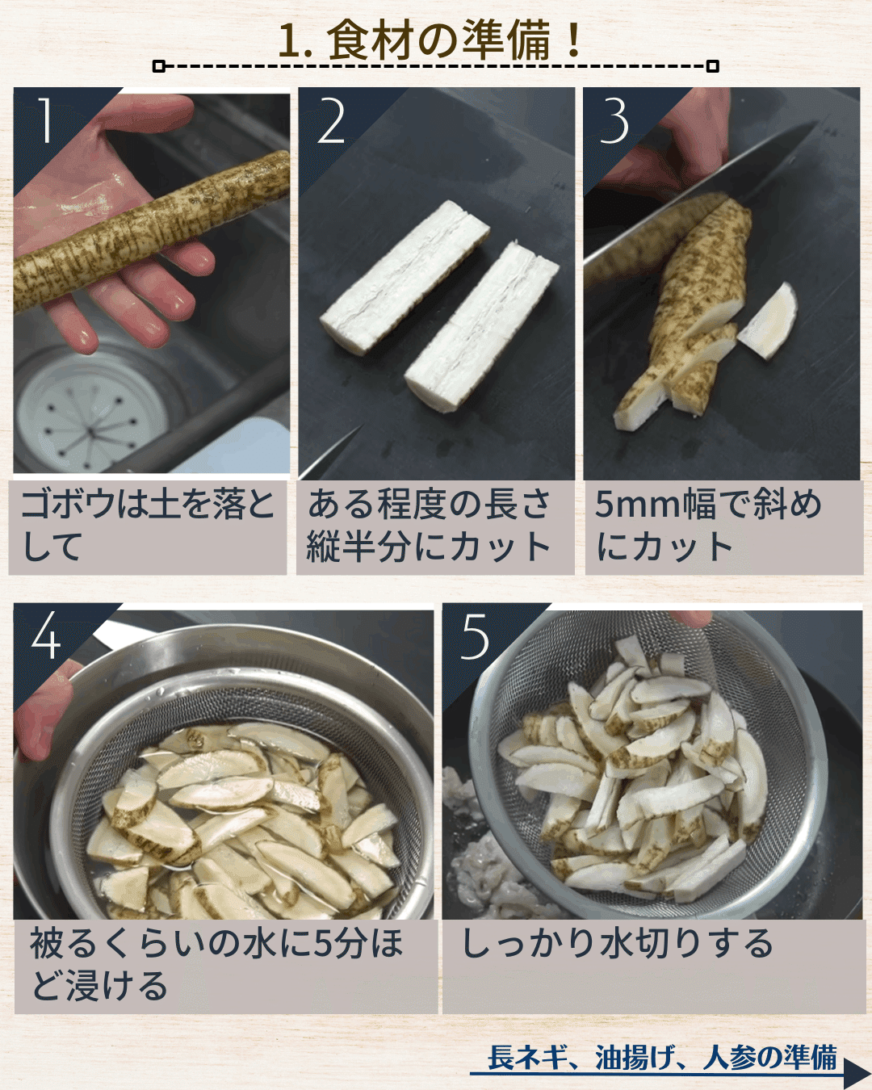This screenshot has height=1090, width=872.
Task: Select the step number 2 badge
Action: pyautogui.click(x=331, y=121)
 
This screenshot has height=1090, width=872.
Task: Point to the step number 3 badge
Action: pyautogui.click(x=614, y=121)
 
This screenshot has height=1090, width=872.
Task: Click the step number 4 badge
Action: pyautogui.click(x=46, y=636)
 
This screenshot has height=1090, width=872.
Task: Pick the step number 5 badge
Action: pyautogui.click(x=475, y=636)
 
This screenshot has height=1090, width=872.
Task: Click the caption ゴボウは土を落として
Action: pyautogui.click(x=148, y=526)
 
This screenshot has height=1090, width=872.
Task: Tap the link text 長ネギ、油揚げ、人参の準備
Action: pyautogui.click(x=662, y=1057)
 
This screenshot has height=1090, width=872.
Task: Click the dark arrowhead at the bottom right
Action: pyautogui.click(x=856, y=1075)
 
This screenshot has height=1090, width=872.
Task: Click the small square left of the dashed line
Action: pyautogui.click(x=159, y=66)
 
